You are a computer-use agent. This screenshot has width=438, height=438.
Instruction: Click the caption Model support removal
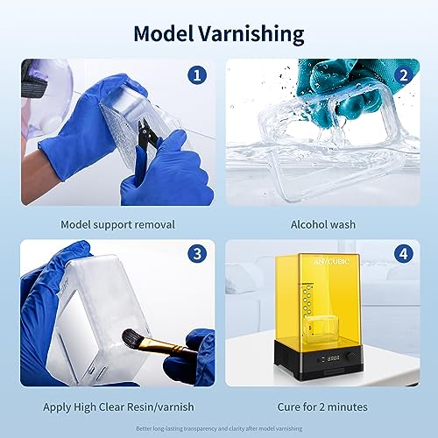(x=117, y=224)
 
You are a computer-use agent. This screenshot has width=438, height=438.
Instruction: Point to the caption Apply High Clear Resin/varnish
(x=117, y=406)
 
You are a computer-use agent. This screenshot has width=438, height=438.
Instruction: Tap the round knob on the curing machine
(x=351, y=364)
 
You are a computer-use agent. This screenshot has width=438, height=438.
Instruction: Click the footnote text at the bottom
(x=219, y=428)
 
